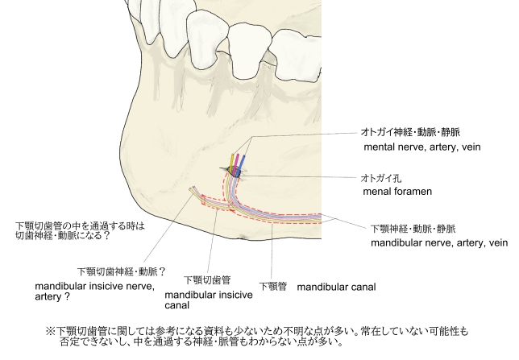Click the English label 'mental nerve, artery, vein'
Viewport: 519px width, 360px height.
coord(422,147)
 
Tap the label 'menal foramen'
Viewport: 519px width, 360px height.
coord(397,191)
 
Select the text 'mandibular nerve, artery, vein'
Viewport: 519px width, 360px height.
coord(439,243)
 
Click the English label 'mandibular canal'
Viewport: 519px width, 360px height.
coord(336,287)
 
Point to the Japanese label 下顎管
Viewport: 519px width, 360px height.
coord(272,286)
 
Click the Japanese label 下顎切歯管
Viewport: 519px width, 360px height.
coord(207,280)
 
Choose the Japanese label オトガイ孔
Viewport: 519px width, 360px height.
coord(380,178)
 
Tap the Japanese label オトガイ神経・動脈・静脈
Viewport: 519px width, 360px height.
coord(410,132)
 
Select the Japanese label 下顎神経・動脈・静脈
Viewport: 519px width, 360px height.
coord(413,229)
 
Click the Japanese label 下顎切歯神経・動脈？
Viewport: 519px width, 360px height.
coord(122,271)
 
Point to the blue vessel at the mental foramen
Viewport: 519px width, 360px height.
coord(242,163)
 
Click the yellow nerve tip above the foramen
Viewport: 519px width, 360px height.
coord(232,155)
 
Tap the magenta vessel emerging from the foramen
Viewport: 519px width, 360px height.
coord(236,163)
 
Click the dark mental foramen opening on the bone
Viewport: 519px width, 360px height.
coord(234,172)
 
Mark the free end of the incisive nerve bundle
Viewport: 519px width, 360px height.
coord(191,189)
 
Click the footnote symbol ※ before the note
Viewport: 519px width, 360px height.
coord(50,331)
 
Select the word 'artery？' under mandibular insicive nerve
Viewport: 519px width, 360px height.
coord(52,296)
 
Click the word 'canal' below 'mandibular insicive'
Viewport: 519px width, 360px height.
coord(176,305)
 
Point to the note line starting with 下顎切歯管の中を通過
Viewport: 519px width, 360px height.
coord(80,226)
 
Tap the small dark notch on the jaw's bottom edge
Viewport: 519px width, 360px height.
coord(243,237)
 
